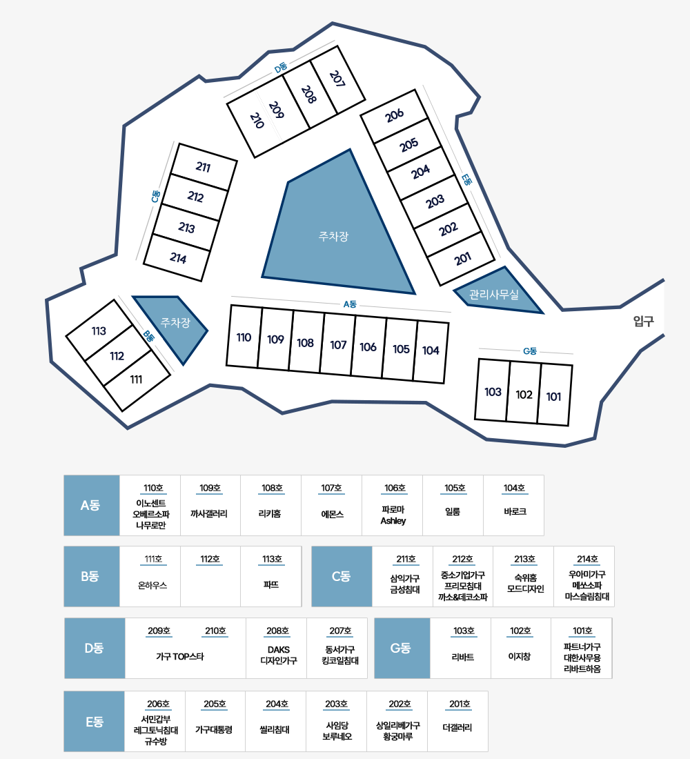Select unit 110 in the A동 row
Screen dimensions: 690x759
click(x=244, y=337)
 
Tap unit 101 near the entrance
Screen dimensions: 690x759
click(x=553, y=396)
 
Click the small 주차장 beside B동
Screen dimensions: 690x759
click(x=173, y=324)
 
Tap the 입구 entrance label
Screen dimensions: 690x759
click(x=643, y=321)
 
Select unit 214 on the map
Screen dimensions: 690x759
click(x=178, y=259)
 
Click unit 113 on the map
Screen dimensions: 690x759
click(x=99, y=331)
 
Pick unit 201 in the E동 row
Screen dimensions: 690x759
click(x=463, y=259)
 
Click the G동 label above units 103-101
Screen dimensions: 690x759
click(x=529, y=351)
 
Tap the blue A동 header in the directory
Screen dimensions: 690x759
click(x=91, y=505)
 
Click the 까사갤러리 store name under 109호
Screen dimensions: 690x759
click(x=210, y=513)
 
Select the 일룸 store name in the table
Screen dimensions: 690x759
click(x=453, y=513)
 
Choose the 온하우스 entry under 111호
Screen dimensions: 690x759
click(x=152, y=584)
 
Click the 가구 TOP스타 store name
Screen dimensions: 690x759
click(x=180, y=656)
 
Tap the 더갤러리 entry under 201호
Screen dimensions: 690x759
click(x=457, y=727)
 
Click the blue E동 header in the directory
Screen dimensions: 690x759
click(x=94, y=721)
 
